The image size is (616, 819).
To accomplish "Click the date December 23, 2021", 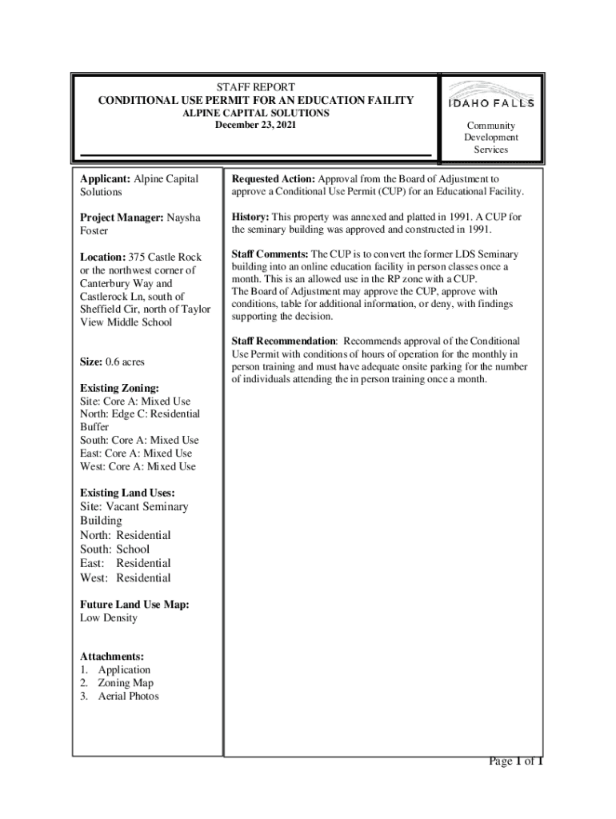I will pos(255,126).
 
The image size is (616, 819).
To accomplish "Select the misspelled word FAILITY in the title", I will pos(384,100).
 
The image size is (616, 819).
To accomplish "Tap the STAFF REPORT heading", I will pos(256,86).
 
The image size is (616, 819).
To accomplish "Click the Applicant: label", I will pos(105,178).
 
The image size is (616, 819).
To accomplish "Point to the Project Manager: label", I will pos(122,218).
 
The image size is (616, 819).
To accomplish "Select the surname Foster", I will pos(94,231).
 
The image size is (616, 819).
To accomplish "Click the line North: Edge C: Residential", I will pos(139,414).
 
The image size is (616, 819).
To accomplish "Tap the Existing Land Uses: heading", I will pos(127,493).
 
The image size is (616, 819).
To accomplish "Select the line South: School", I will pos(114,549).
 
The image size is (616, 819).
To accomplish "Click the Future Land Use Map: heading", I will pos(134,605).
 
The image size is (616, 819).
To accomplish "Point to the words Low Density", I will pos(109,618).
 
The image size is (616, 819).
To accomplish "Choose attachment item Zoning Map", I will pos(126,683).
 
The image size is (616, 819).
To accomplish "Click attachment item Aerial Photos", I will pos(128,696).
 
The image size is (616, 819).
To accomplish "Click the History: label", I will pos(250,217).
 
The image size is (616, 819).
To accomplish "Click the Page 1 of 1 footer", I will pos(516,761).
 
